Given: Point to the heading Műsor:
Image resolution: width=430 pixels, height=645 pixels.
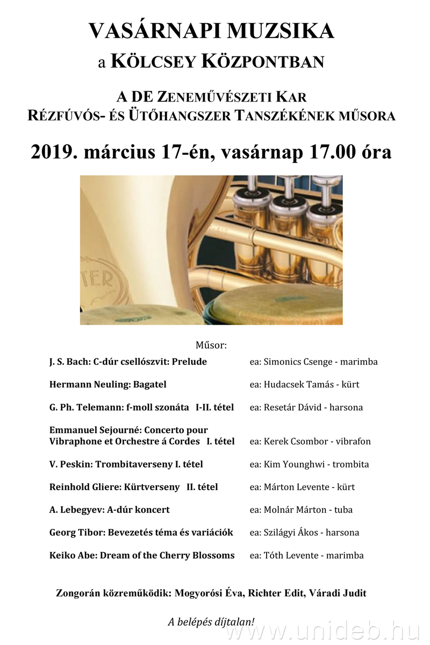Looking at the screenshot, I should [x=211, y=345].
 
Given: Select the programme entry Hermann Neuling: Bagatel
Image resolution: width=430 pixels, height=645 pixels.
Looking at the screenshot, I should [x=107, y=384].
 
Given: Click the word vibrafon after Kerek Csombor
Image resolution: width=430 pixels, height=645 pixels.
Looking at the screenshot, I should [x=353, y=441].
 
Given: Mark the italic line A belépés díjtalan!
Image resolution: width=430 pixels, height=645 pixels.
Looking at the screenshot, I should [x=211, y=622].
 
